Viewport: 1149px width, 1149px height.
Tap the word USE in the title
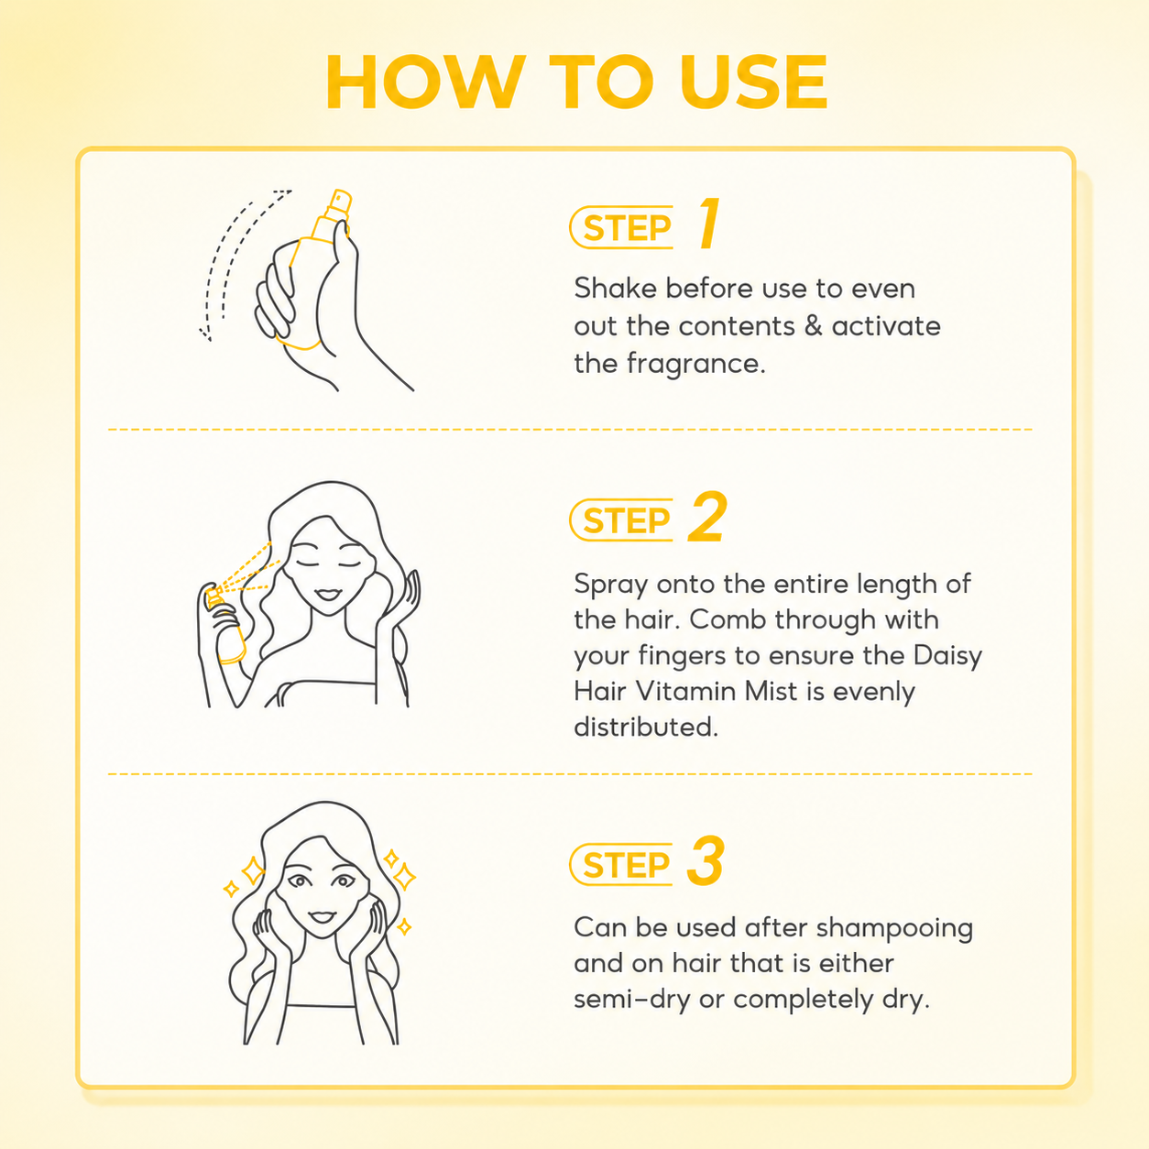point(754,82)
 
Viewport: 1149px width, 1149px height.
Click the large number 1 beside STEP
point(709,224)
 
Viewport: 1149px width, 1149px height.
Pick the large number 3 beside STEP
point(706,860)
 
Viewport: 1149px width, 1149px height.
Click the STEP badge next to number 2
point(621,520)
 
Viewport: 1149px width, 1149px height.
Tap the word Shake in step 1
point(616,288)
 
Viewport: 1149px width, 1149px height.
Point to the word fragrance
point(695,363)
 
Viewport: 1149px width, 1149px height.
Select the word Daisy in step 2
point(948,656)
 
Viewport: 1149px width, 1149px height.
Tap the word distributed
point(646,728)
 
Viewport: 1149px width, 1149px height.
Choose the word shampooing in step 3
point(894,929)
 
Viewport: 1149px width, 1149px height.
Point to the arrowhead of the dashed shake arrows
point(206,334)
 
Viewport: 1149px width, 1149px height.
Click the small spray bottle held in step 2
point(225,625)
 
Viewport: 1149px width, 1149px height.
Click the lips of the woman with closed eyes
point(327,595)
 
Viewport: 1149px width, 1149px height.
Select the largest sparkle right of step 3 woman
point(405,876)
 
